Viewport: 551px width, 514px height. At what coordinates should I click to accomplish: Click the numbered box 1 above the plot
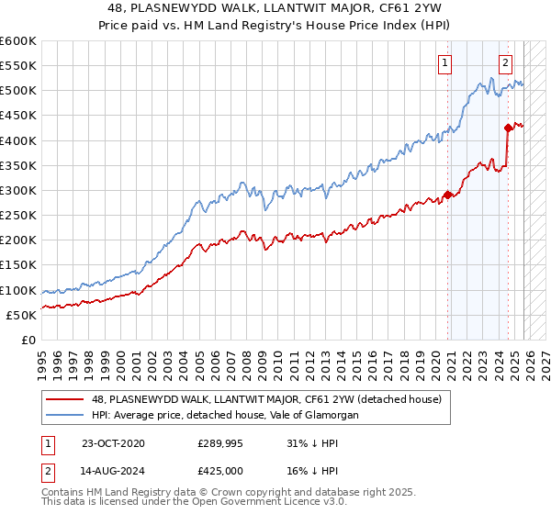pyautogui.click(x=445, y=63)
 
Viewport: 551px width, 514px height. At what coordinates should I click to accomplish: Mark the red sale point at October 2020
pyautogui.click(x=447, y=195)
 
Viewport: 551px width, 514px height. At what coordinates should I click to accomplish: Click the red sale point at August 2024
pyautogui.click(x=508, y=128)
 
